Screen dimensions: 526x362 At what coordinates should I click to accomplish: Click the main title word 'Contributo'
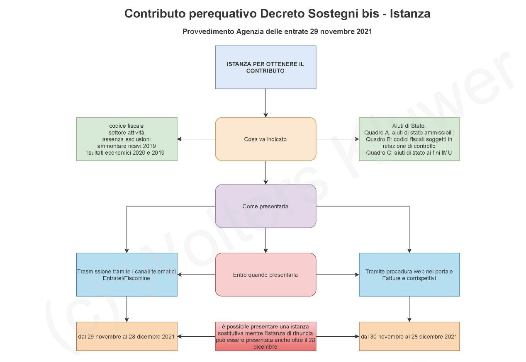click(x=155, y=13)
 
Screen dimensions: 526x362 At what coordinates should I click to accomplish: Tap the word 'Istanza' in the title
click(x=410, y=13)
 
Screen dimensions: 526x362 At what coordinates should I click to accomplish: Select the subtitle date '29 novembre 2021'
click(x=341, y=32)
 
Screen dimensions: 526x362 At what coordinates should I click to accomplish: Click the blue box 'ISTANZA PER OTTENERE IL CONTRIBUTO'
click(x=265, y=67)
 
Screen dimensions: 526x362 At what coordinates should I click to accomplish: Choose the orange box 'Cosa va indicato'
click(x=265, y=139)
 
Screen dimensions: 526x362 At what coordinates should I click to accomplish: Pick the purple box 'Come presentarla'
click(x=265, y=206)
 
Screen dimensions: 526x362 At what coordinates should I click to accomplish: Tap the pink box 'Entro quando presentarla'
click(x=265, y=275)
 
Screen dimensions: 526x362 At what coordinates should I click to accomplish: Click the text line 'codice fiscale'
click(x=127, y=126)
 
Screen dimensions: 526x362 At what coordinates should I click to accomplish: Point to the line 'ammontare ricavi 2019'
click(x=127, y=146)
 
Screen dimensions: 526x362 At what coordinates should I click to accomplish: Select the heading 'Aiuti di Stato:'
click(x=409, y=126)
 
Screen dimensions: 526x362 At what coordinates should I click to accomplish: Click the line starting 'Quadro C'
click(x=409, y=153)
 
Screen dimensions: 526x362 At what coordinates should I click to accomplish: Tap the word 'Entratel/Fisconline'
click(x=127, y=278)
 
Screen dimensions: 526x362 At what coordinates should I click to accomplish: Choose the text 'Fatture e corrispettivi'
click(x=409, y=278)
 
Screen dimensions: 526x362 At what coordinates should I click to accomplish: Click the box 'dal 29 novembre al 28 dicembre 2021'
click(x=127, y=336)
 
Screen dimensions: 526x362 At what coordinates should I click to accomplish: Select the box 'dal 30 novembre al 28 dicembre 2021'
click(x=409, y=336)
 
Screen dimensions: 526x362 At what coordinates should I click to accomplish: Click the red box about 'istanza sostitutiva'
click(x=265, y=336)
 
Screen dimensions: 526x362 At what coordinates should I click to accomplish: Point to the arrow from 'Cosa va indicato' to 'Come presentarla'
click(x=265, y=172)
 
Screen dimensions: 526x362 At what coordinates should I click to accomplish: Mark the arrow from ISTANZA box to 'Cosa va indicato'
click(x=265, y=103)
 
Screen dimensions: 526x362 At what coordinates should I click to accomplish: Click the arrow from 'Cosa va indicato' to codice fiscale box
click(x=196, y=139)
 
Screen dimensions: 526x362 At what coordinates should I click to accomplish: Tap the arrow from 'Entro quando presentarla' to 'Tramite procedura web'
click(x=337, y=275)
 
